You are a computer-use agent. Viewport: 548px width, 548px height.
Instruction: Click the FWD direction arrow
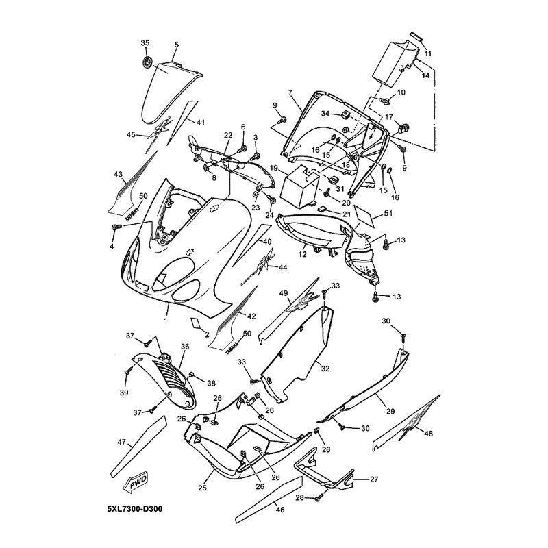coord(135,486)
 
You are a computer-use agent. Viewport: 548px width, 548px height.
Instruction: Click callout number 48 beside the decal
coord(429,433)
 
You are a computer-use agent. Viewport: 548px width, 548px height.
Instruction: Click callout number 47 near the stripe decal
coord(122,443)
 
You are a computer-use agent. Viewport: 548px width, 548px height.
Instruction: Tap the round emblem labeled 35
coord(145,62)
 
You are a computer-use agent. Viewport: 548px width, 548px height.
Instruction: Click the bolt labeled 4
coord(114,226)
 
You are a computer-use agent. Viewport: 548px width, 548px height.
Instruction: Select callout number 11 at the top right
coord(428,53)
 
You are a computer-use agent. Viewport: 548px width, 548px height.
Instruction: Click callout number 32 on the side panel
coord(325,369)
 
